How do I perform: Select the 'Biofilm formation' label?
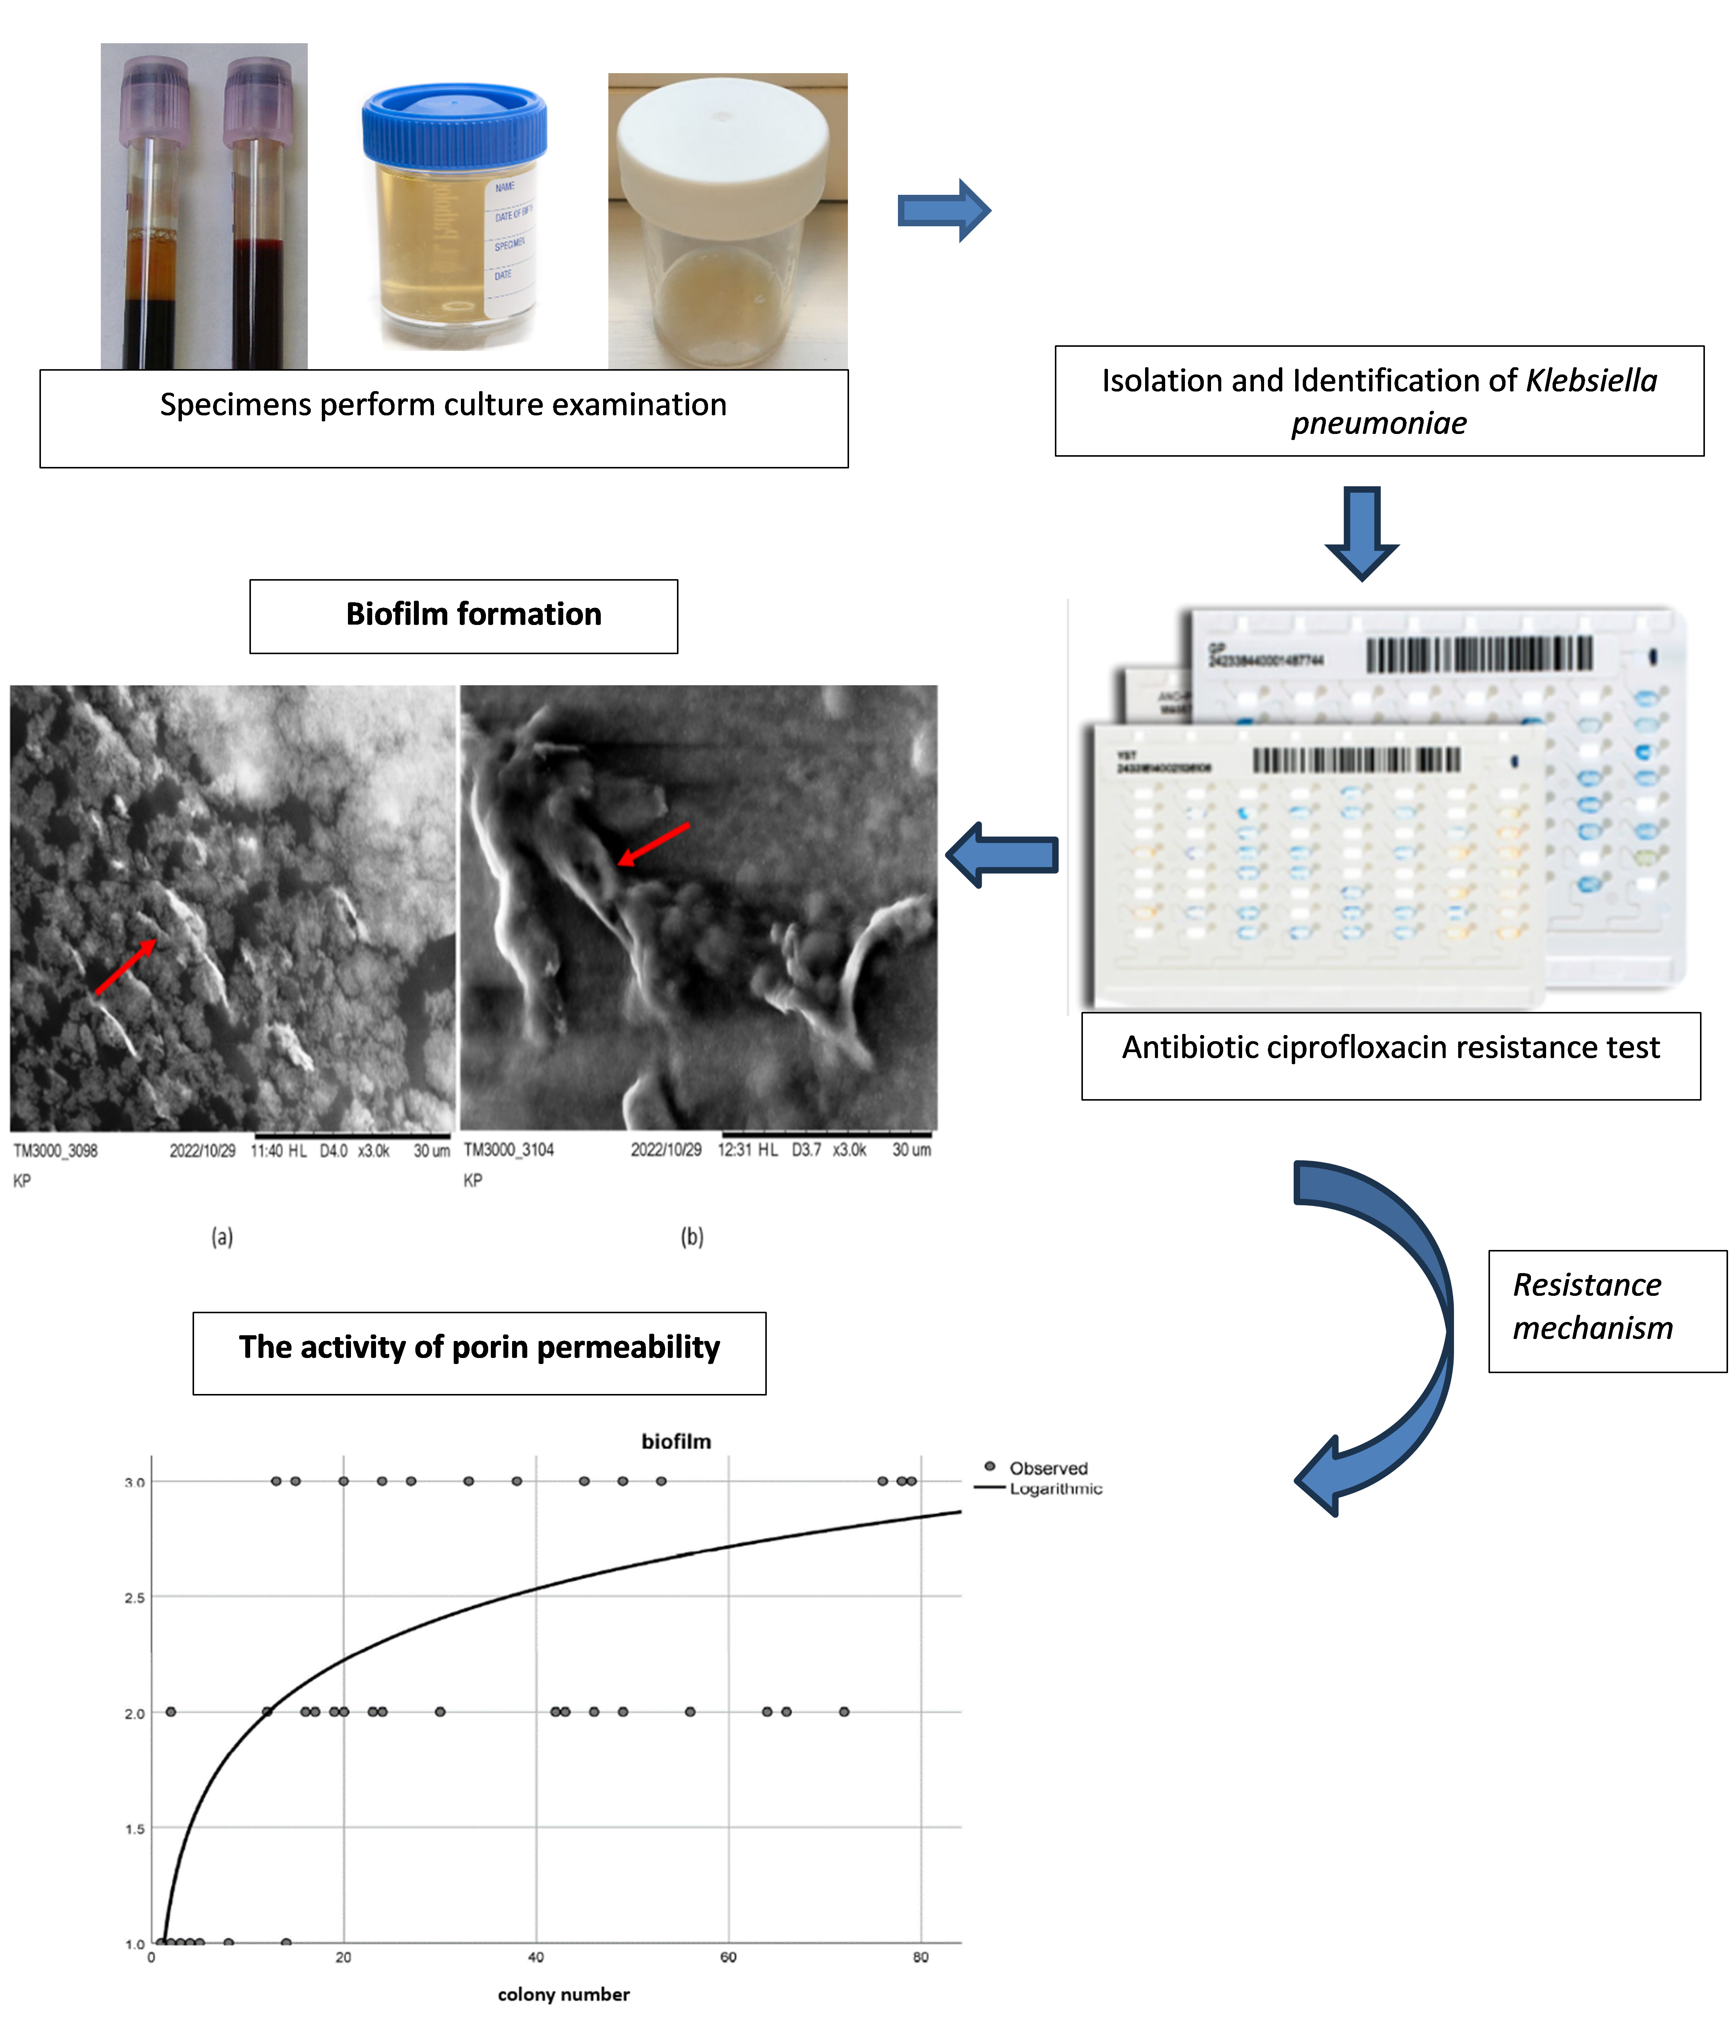(473, 615)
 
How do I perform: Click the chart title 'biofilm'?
(676, 1441)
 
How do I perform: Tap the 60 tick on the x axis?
(728, 1956)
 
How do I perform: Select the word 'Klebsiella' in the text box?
(1590, 381)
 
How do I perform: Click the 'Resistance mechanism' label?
(1593, 1307)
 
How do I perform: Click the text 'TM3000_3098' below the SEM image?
(56, 1151)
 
